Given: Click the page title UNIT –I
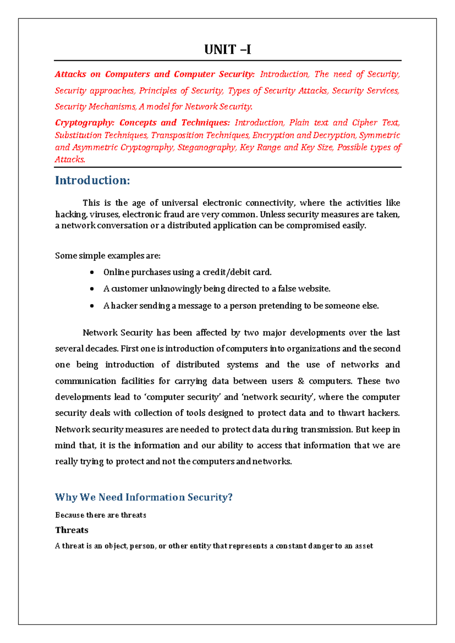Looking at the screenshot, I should coord(227,50).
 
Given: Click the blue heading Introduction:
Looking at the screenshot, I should coord(93,180).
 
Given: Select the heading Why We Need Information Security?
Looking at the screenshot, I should coord(144,497).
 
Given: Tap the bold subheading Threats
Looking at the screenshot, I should coord(72,530).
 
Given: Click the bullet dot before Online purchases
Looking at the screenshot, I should coord(92,273).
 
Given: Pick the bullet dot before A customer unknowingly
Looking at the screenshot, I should coord(92,289).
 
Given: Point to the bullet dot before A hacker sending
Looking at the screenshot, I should coord(92,306).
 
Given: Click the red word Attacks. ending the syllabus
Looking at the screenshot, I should coord(70,160).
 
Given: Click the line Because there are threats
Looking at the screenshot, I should coord(100,515).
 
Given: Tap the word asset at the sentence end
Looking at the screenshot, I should coord(364,546).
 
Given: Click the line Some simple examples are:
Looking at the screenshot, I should coord(108,256).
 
